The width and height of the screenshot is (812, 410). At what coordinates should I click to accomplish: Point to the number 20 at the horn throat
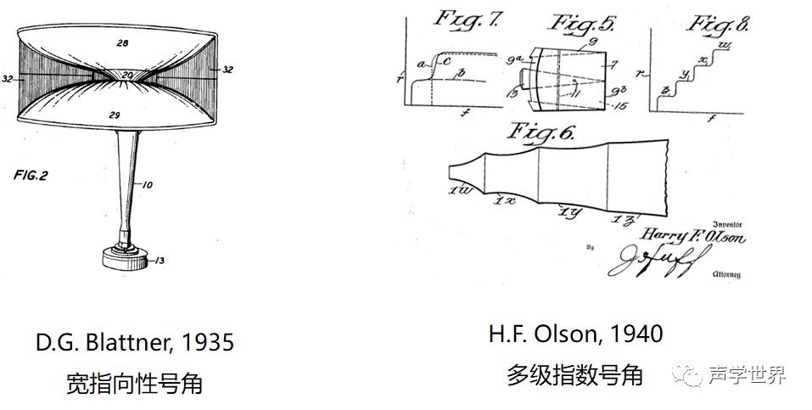point(126,75)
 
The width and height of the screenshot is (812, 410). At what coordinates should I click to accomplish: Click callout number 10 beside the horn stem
point(147,183)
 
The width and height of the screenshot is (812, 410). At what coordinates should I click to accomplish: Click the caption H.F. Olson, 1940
point(575,334)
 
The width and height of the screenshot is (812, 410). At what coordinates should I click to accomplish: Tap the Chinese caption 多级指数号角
point(574,374)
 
